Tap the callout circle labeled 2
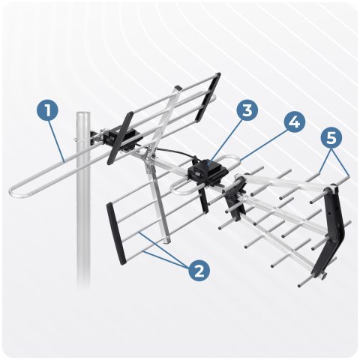point(199,271)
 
